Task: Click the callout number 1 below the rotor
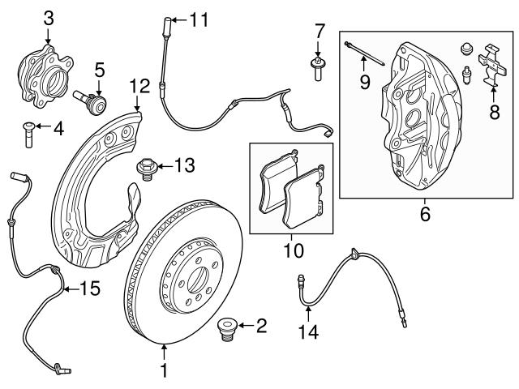click(x=164, y=372)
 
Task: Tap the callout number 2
click(x=260, y=327)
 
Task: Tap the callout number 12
click(x=139, y=85)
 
